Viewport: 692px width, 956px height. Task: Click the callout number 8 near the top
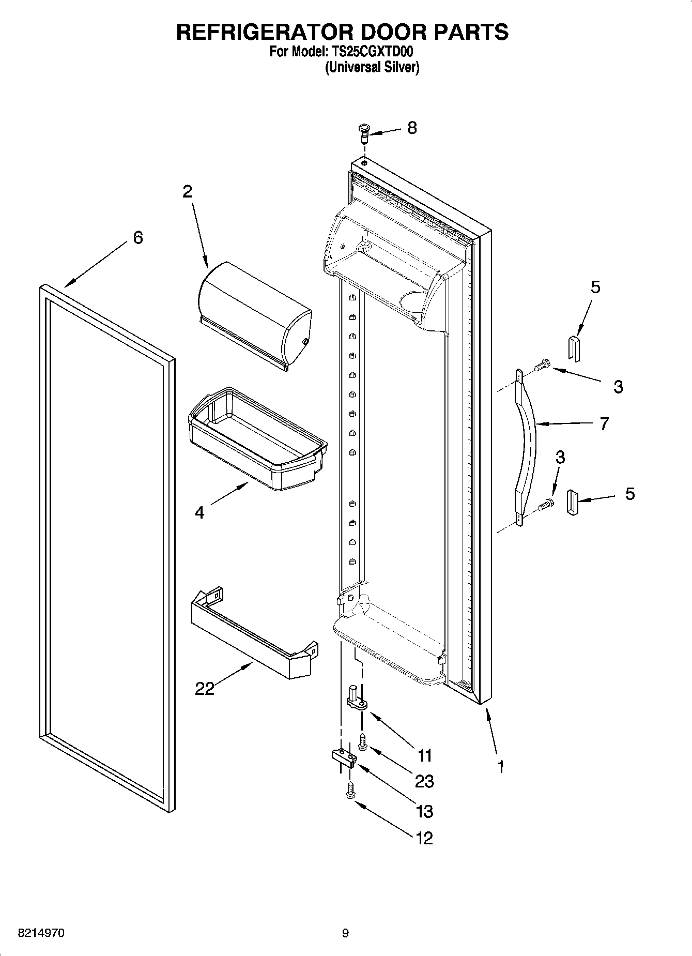tap(411, 128)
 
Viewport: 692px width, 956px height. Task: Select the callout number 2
tap(187, 192)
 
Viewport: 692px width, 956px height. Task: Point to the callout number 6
tap(137, 238)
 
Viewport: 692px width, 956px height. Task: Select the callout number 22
tap(205, 688)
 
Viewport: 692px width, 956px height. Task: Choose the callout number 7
tap(604, 423)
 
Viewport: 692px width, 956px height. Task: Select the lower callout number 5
tap(629, 494)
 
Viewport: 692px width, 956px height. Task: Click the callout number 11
tap(424, 756)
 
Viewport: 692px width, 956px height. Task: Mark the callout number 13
tap(424, 811)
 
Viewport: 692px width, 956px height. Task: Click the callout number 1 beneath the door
tap(500, 767)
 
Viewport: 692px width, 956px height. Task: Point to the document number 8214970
tap(41, 933)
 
